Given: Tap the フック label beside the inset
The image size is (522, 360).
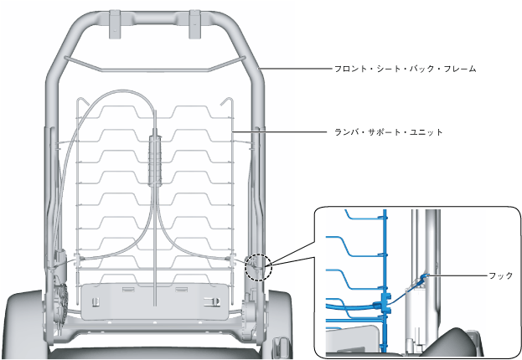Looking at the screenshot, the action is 500,275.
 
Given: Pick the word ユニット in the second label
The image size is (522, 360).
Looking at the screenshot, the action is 426,132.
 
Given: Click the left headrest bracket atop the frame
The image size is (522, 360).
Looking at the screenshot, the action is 115,23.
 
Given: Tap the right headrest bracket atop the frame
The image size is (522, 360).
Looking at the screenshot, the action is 195,23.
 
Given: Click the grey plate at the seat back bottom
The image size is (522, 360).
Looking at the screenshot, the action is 155,299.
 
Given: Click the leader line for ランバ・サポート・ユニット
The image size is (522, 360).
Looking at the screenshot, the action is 281,132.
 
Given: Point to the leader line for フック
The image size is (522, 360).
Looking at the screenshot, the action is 461,275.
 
